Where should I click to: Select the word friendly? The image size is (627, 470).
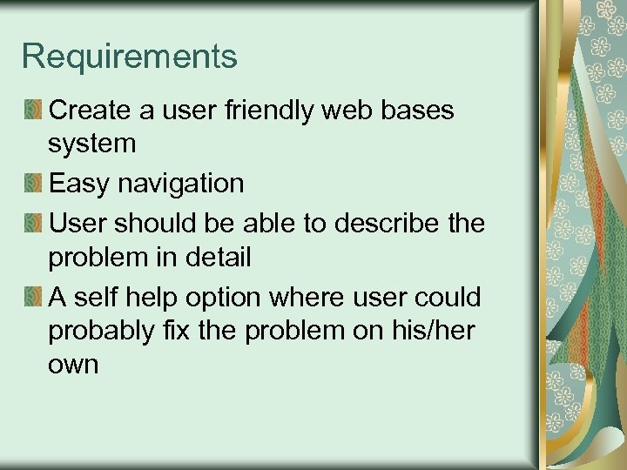tap(266, 111)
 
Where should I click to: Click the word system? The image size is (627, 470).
tap(92, 144)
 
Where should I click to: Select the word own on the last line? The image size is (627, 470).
tap(73, 365)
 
